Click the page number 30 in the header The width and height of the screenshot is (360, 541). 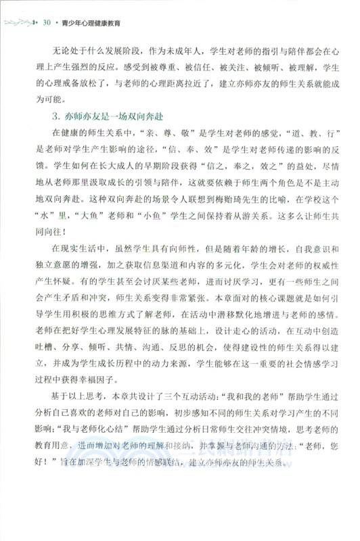tap(47, 22)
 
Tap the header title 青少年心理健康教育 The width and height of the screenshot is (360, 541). tap(91, 22)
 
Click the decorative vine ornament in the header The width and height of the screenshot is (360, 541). tap(20, 22)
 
